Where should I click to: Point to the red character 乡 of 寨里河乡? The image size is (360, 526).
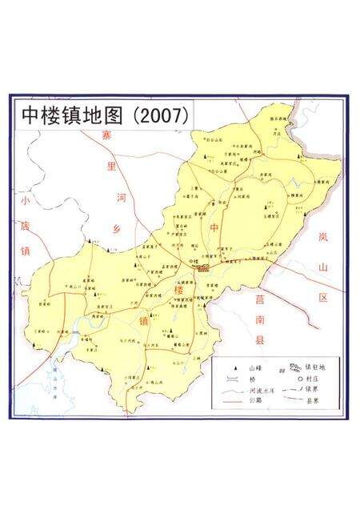pyautogui.click(x=117, y=228)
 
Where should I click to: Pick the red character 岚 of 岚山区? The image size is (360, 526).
pyautogui.click(x=322, y=237)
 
